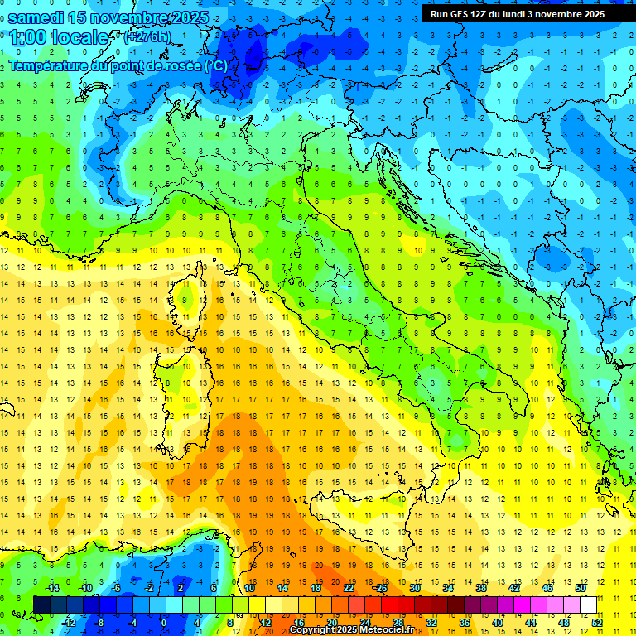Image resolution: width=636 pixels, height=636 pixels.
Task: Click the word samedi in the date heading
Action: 38,17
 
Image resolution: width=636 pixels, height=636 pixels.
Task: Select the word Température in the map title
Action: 51,65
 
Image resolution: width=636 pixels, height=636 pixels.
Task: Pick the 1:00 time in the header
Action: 27,37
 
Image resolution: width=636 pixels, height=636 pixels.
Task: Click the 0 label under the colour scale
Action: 163,623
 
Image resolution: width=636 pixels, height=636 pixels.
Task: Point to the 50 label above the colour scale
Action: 581,588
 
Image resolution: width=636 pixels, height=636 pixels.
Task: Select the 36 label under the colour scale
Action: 464,623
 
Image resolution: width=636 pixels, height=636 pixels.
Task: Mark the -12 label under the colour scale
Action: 70,623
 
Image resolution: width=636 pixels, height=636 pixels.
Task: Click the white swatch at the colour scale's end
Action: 588,605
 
